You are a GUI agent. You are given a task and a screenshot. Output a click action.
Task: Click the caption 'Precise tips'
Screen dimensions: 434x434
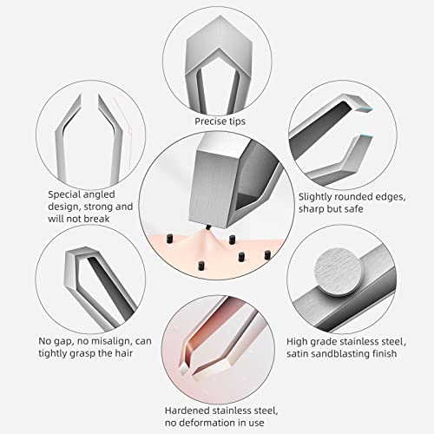[220, 122]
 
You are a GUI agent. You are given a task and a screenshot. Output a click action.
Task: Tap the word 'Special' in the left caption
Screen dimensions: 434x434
[65, 194]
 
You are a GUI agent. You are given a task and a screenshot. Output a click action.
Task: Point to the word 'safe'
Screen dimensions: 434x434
[353, 209]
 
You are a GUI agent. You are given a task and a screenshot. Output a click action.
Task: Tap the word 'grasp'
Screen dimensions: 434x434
[84, 353]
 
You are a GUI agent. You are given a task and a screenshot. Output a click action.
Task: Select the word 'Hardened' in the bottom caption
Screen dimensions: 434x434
[187, 411]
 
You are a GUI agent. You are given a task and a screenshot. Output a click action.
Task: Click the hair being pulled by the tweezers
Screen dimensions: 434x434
[208, 228]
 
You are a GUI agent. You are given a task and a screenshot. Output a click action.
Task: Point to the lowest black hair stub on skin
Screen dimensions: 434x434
[200, 266]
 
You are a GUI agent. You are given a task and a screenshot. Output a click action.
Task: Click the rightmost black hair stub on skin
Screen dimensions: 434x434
[267, 255]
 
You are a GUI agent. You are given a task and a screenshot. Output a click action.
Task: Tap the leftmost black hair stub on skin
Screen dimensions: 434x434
[169, 239]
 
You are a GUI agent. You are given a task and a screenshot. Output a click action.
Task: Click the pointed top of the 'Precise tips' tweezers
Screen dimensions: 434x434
[220, 16]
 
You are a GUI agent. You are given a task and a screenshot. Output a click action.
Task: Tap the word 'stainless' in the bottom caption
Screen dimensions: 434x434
[233, 411]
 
